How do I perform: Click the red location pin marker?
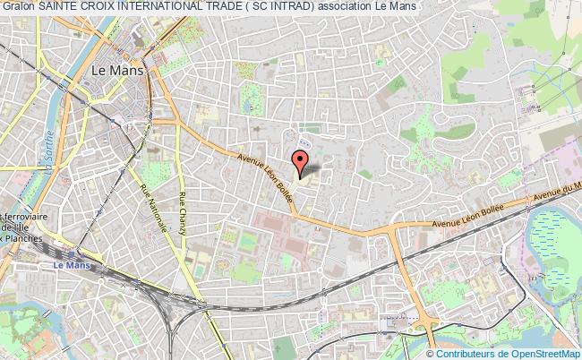click(x=302, y=161)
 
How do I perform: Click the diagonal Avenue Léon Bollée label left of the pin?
click(x=265, y=178)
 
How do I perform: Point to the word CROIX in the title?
click(x=99, y=6)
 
